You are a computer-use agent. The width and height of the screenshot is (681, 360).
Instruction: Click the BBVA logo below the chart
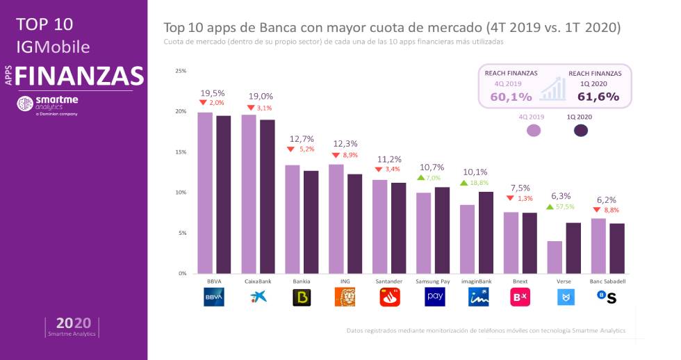[214, 297]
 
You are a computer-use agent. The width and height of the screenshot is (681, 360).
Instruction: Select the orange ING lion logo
[345, 297]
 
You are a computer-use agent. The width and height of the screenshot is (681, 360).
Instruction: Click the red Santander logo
[389, 297]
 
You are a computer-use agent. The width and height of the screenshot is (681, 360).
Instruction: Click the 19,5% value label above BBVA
[212, 93]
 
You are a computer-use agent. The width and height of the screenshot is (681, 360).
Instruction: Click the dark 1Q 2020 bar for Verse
[573, 247]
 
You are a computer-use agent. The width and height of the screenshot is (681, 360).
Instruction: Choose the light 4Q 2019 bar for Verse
[555, 257]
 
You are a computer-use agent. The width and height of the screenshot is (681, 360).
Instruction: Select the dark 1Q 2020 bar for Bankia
[311, 222]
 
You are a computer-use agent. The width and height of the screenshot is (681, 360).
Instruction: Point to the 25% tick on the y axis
[181, 71]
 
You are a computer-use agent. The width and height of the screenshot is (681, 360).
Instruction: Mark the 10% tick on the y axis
[181, 193]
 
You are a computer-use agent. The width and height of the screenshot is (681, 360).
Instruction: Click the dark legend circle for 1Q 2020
[581, 130]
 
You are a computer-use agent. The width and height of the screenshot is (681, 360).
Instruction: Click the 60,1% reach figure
[511, 97]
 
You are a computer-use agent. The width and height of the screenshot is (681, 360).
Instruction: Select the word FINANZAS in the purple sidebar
[80, 75]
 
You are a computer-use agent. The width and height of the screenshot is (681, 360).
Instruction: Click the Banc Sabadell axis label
[607, 281]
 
